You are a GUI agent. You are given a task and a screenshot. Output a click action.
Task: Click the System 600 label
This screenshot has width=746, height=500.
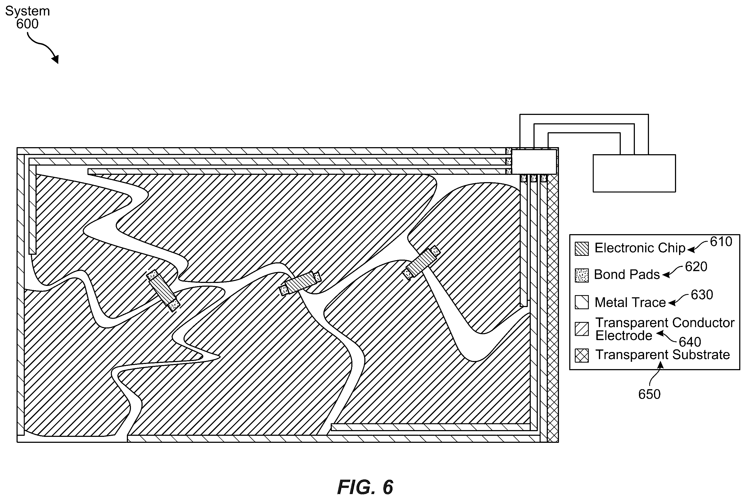[x=27, y=17]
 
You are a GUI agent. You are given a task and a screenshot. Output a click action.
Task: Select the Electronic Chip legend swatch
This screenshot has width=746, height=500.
[x=581, y=249]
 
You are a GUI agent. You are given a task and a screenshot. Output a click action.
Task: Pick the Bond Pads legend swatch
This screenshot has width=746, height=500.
[x=581, y=275]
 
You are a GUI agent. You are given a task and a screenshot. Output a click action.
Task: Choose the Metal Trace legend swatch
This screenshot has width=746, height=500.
[x=581, y=302]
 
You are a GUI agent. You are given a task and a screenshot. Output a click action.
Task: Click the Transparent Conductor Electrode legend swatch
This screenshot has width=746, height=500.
[x=581, y=329]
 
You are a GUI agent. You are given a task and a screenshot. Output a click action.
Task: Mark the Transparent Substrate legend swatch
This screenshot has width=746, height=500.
[x=581, y=356]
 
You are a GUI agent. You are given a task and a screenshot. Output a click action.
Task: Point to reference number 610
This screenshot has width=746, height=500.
[x=721, y=242]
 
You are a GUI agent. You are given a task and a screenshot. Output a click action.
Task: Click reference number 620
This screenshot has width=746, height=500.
[x=696, y=267]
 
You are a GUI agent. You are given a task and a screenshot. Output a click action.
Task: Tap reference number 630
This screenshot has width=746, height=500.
[x=702, y=295]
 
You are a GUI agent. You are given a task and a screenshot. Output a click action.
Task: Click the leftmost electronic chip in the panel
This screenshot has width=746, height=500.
[x=163, y=290]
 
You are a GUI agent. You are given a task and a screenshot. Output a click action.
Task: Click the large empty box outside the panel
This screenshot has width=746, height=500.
[x=634, y=173]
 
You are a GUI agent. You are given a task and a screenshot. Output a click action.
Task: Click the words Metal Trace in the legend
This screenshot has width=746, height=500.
[x=630, y=302]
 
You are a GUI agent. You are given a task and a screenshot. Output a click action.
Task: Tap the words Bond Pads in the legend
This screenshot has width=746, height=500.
[x=627, y=275]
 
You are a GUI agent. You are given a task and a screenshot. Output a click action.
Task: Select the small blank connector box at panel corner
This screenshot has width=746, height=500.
[x=534, y=162]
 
